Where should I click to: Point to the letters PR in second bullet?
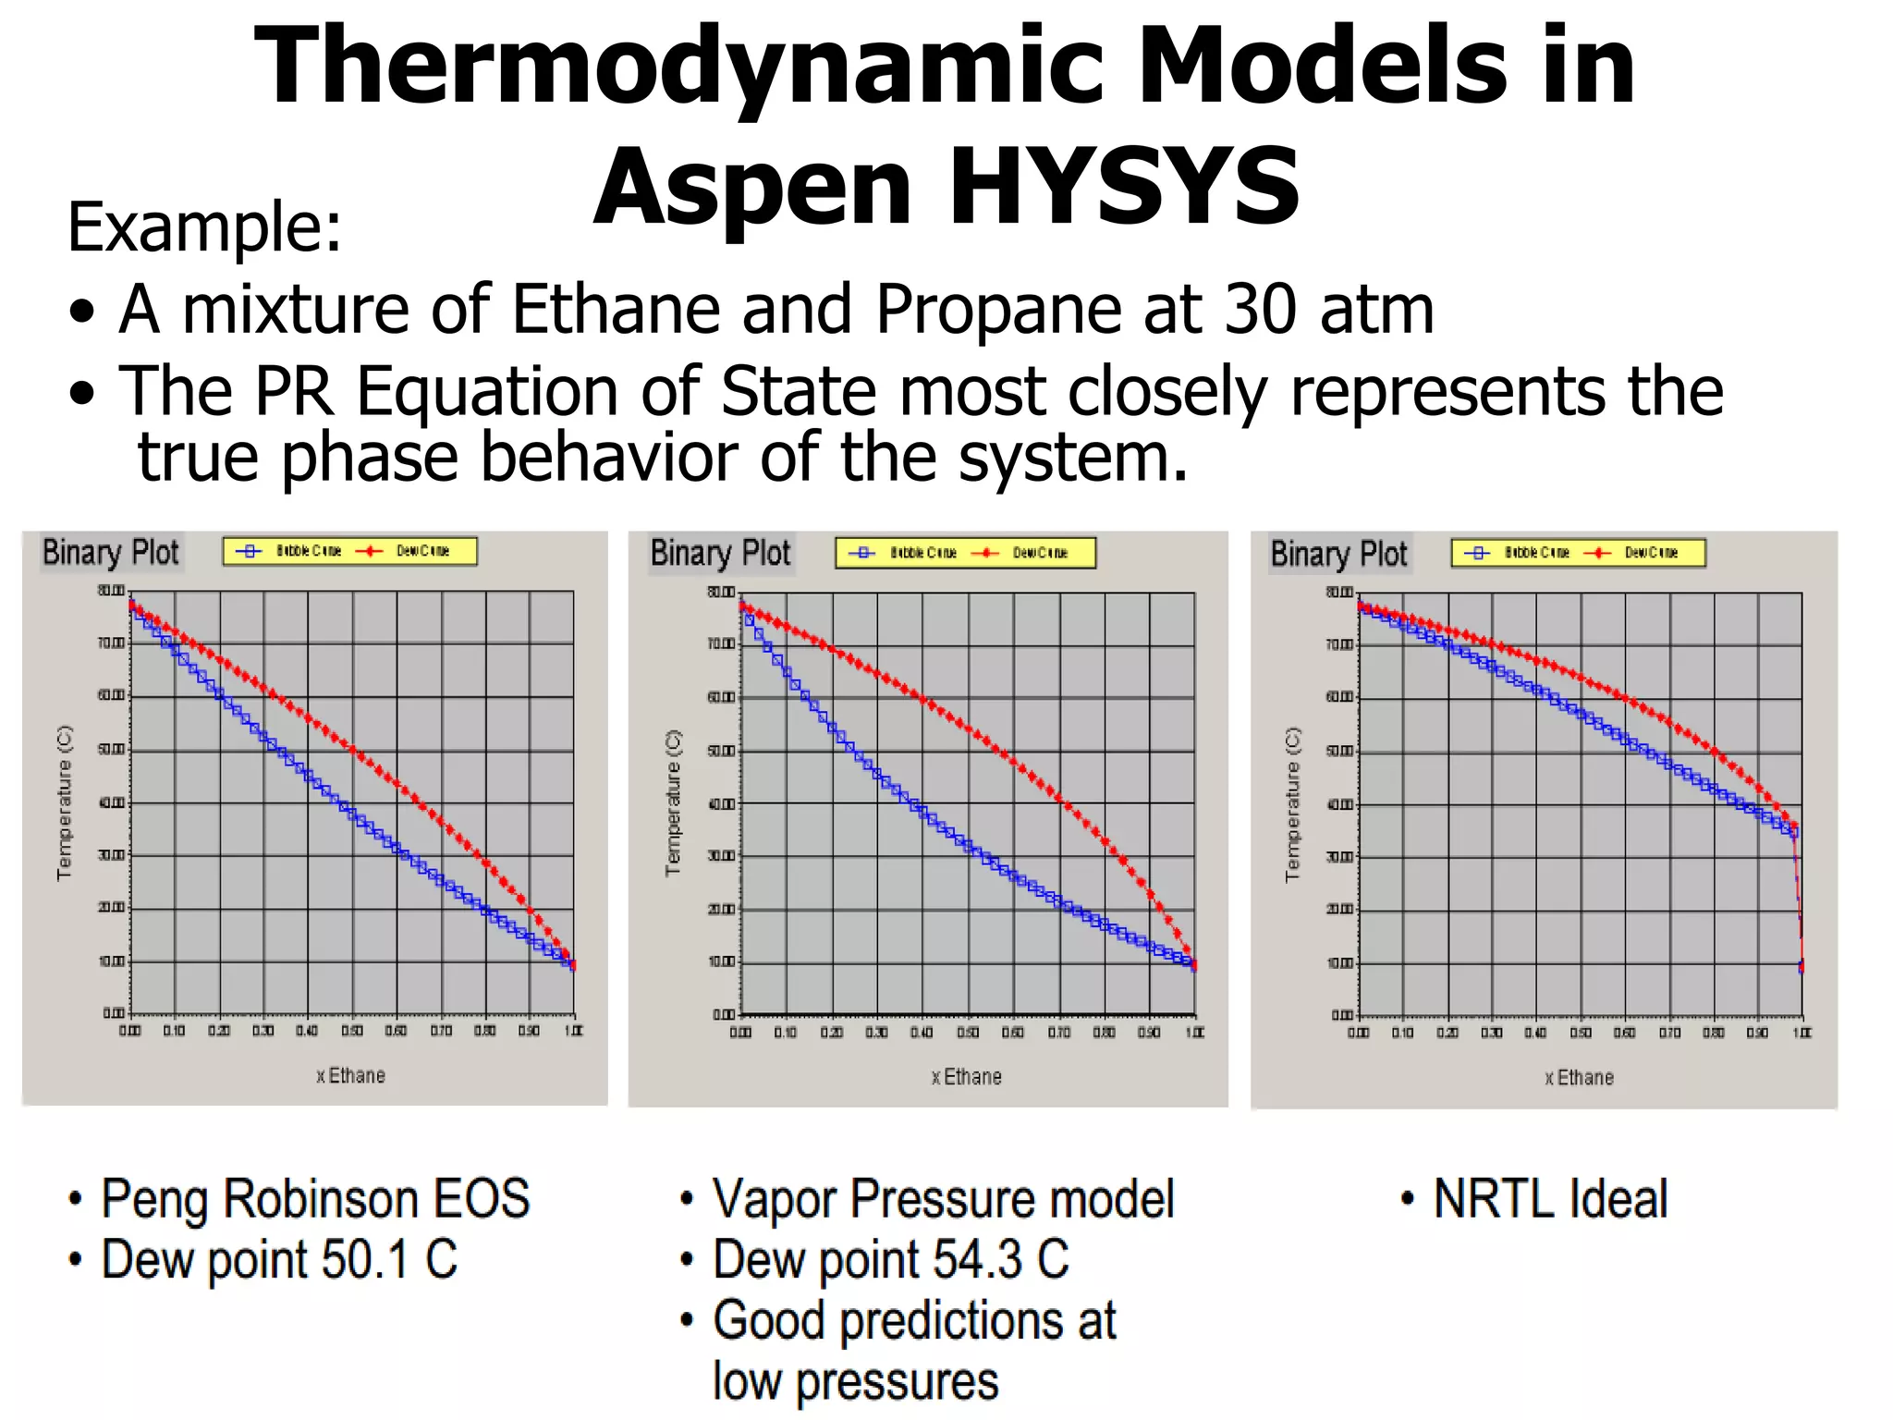[x=293, y=392]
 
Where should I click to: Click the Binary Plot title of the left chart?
[x=111, y=552]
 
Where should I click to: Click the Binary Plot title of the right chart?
[x=1338, y=554]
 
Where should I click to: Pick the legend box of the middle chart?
[x=965, y=553]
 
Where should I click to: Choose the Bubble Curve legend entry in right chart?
[x=1520, y=553]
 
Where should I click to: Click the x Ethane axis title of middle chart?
[x=966, y=1077]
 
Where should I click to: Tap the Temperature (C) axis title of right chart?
[x=1292, y=804]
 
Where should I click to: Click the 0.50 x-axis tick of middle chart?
[x=968, y=1032]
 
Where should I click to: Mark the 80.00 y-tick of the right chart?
[x=1340, y=592]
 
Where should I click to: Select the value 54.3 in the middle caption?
[x=977, y=1260]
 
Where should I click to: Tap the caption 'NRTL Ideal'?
[x=1550, y=1199]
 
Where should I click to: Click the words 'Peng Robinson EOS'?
[x=315, y=1199]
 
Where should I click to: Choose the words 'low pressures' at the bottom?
[x=855, y=1382]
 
